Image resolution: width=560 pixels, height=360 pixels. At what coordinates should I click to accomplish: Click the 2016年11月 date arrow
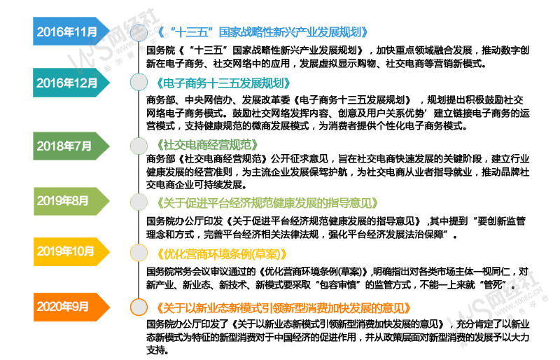[71, 32]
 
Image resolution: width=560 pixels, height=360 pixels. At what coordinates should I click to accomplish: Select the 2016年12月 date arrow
[71, 83]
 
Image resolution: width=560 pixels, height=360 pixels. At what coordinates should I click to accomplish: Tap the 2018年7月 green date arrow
[71, 146]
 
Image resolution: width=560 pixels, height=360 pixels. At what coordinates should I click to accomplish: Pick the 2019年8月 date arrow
[71, 201]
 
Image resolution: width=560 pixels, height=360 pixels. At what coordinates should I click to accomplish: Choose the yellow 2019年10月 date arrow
[71, 251]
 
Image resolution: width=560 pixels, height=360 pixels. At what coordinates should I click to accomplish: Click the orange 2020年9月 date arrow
[71, 307]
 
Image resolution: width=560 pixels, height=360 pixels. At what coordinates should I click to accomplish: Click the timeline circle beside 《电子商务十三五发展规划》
[139, 82]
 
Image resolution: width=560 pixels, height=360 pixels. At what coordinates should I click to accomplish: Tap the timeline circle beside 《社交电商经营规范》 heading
[139, 146]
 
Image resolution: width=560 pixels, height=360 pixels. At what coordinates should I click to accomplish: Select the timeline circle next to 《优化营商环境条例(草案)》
[139, 253]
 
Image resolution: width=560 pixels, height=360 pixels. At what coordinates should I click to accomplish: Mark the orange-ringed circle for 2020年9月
[139, 307]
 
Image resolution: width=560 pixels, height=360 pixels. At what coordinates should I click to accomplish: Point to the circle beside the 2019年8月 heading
[139, 202]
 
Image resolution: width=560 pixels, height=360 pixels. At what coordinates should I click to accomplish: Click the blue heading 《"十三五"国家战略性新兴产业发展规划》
[262, 32]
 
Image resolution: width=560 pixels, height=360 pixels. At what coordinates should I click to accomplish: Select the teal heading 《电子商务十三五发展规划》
[223, 83]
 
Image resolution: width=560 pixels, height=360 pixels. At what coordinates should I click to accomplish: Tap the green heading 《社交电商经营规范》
[207, 145]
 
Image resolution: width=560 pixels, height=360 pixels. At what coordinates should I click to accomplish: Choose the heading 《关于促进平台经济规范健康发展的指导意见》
[267, 203]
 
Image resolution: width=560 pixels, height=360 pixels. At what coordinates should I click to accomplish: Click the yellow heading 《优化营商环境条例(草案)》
[222, 254]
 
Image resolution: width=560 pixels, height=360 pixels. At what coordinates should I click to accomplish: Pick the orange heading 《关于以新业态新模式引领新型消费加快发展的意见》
[283, 307]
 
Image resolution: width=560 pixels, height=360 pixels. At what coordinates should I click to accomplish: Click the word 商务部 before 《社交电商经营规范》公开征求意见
[161, 159]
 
